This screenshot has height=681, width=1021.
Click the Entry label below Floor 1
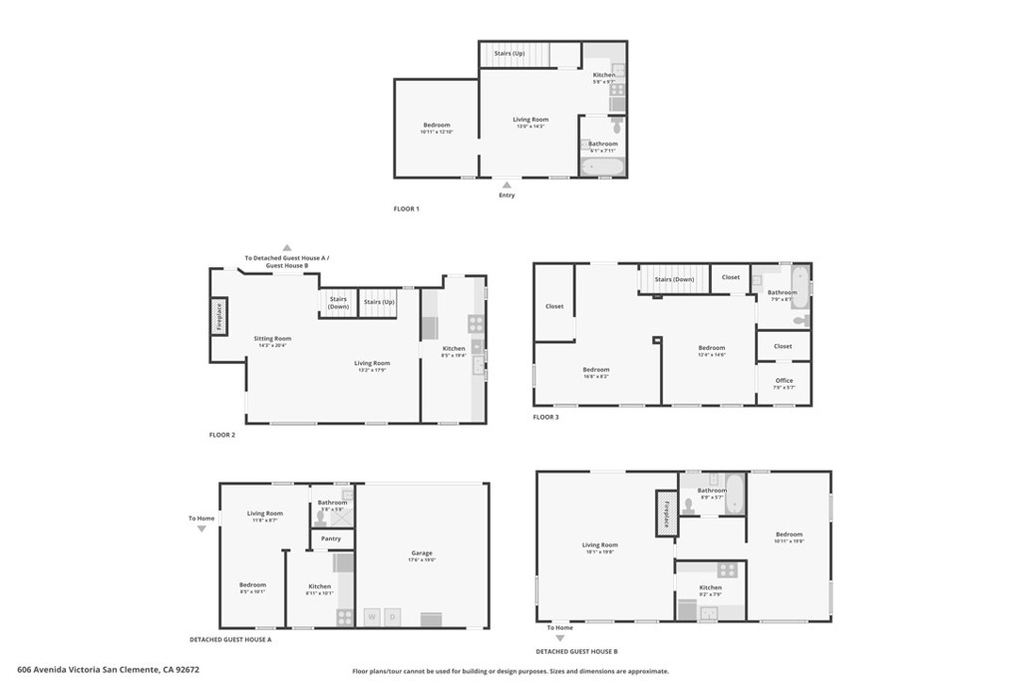click(507, 195)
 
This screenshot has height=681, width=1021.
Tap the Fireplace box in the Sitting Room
click(218, 317)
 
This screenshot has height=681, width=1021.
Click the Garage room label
click(422, 553)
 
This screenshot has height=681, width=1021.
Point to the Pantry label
click(331, 539)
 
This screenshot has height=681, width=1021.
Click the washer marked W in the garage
click(373, 616)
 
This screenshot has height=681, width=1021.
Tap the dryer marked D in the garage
click(393, 616)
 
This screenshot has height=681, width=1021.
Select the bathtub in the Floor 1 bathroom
click(602, 167)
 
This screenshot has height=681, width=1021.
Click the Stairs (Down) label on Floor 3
click(674, 279)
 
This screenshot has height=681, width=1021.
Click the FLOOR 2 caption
click(222, 435)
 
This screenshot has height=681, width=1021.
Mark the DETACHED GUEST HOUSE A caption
click(230, 639)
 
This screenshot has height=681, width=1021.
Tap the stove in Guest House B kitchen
click(726, 570)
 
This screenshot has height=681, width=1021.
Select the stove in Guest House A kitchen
click(345, 616)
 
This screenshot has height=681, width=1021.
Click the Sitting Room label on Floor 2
click(272, 339)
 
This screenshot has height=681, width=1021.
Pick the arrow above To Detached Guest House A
click(286, 247)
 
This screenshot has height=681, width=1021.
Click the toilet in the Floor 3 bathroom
click(800, 320)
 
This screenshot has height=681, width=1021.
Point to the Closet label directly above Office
click(783, 346)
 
